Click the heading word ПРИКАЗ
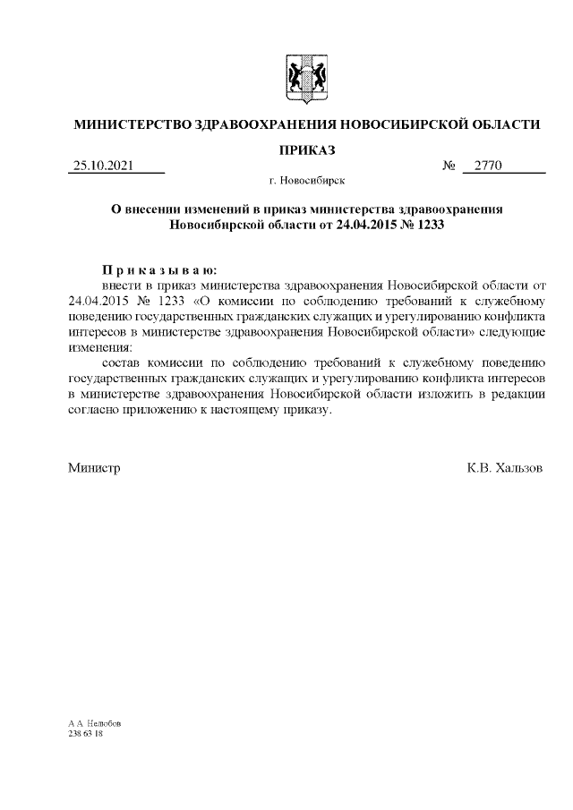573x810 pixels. (306, 148)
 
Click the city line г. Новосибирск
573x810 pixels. (306, 182)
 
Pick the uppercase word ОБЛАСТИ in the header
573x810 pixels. (502, 124)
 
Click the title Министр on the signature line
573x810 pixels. (95, 468)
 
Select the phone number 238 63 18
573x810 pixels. (85, 732)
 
